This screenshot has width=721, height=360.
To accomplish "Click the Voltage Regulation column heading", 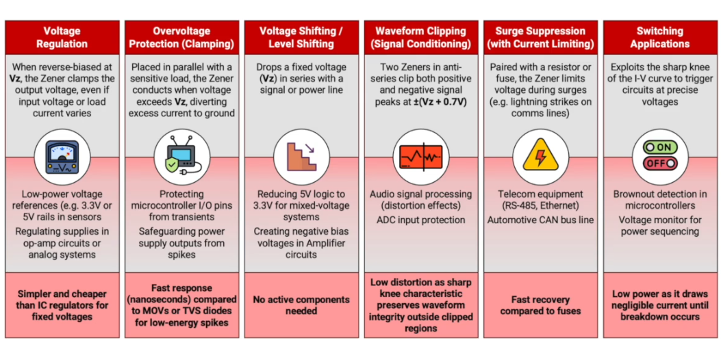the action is (x=62, y=38).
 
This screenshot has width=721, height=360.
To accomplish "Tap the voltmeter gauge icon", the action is (x=62, y=157).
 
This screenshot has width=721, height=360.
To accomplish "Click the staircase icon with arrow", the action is (x=302, y=157).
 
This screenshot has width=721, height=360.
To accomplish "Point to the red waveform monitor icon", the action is (x=420, y=157).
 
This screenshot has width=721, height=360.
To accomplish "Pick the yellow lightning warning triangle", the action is (x=541, y=155).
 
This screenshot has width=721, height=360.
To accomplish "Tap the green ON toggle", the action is (x=660, y=148).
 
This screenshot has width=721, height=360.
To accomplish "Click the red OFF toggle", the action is (x=660, y=163).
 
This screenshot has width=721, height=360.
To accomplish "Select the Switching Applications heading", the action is (x=660, y=38).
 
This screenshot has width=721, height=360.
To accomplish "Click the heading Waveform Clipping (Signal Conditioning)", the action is (x=420, y=38).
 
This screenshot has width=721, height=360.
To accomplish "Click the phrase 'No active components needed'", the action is (x=301, y=305).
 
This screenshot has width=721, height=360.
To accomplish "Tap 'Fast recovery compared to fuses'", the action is (x=541, y=305).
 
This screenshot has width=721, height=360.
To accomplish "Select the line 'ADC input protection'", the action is (x=420, y=220).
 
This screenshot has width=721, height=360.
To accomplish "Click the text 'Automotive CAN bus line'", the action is (x=541, y=220).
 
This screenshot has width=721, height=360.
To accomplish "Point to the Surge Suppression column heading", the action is (x=541, y=38).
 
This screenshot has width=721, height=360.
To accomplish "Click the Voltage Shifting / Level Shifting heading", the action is (x=301, y=38).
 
